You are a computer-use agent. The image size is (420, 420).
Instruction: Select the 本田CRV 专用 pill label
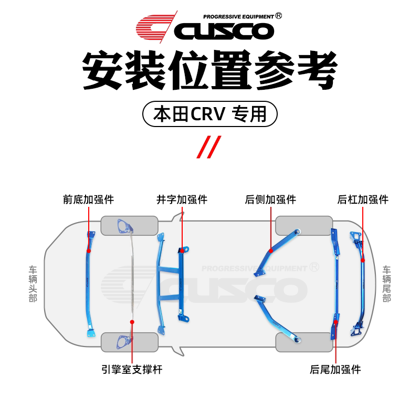(210, 113)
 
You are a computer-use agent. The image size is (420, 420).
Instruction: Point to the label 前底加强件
(88, 199)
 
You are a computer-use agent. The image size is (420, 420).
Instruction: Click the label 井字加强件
(182, 199)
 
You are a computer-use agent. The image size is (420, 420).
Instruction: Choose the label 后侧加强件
(270, 199)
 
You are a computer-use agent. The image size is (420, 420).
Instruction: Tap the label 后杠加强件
(363, 199)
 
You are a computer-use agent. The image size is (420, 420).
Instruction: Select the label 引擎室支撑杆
(132, 370)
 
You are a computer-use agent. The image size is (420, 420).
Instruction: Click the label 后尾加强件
(335, 370)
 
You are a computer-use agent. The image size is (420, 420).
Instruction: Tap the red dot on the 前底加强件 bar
(88, 251)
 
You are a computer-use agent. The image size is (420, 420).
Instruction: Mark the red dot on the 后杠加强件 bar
(362, 257)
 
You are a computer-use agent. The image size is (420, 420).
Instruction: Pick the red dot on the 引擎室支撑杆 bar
(132, 321)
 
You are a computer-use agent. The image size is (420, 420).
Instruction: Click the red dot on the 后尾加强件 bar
(335, 321)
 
